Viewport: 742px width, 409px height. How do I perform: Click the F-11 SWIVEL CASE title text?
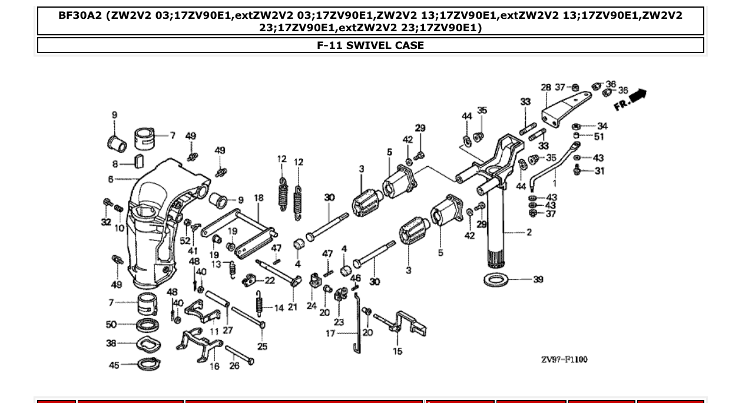click(x=370, y=45)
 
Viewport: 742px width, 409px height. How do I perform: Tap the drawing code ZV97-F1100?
click(x=564, y=359)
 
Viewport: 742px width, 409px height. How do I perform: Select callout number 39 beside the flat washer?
click(x=538, y=279)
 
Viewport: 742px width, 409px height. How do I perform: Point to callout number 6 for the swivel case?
click(x=110, y=179)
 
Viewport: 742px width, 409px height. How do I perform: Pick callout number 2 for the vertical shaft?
click(x=529, y=232)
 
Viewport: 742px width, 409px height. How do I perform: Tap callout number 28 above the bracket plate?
click(x=546, y=88)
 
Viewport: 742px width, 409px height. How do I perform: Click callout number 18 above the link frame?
click(x=259, y=198)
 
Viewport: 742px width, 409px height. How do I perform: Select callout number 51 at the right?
click(x=599, y=137)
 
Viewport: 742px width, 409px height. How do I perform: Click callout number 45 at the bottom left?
click(x=114, y=365)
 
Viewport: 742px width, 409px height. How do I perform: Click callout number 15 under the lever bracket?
click(x=398, y=352)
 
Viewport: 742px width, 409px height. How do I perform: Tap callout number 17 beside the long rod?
click(x=330, y=334)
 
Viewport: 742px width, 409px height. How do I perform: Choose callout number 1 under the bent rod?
click(x=554, y=184)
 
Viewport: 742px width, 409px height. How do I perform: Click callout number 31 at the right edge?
click(x=599, y=171)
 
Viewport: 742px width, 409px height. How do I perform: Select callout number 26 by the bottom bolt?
click(x=234, y=366)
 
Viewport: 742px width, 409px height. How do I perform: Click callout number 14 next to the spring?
click(x=278, y=308)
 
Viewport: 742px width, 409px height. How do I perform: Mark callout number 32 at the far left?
click(x=106, y=222)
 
